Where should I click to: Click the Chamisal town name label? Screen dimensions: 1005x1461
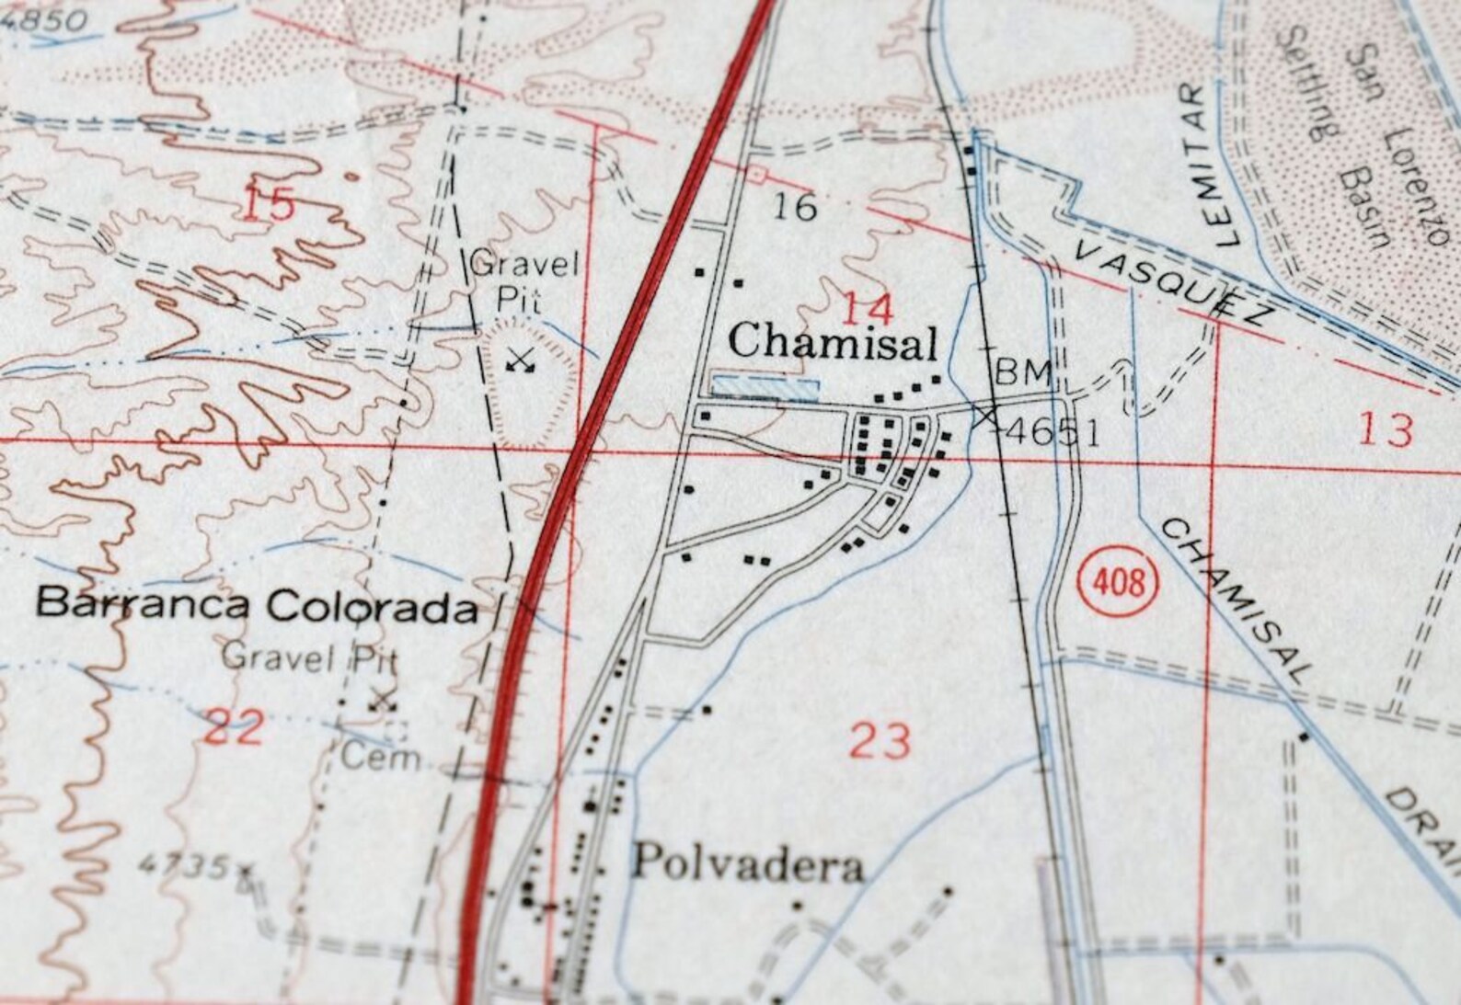click(833, 343)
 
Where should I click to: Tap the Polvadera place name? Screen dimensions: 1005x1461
click(747, 864)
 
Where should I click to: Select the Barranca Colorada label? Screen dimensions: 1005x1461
click(257, 605)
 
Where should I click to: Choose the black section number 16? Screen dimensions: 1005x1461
click(794, 206)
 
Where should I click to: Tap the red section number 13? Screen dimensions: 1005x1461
click(1385, 429)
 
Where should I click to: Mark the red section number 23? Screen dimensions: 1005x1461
click(880, 740)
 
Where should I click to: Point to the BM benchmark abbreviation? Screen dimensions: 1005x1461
click(1023, 372)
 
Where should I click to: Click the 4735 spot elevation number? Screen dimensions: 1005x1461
click(184, 865)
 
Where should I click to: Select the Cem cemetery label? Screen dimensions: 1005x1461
click(380, 758)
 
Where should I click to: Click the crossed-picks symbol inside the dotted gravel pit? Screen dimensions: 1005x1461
click(521, 360)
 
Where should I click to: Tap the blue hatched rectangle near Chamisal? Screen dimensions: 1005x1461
click(766, 387)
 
